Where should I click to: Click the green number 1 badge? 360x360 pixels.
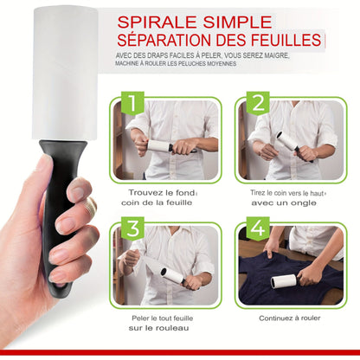tap(132, 103)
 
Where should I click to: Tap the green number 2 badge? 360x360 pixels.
tap(256, 103)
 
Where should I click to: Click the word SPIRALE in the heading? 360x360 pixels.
tap(161, 21)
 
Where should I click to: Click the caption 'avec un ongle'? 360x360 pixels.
tap(288, 206)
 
